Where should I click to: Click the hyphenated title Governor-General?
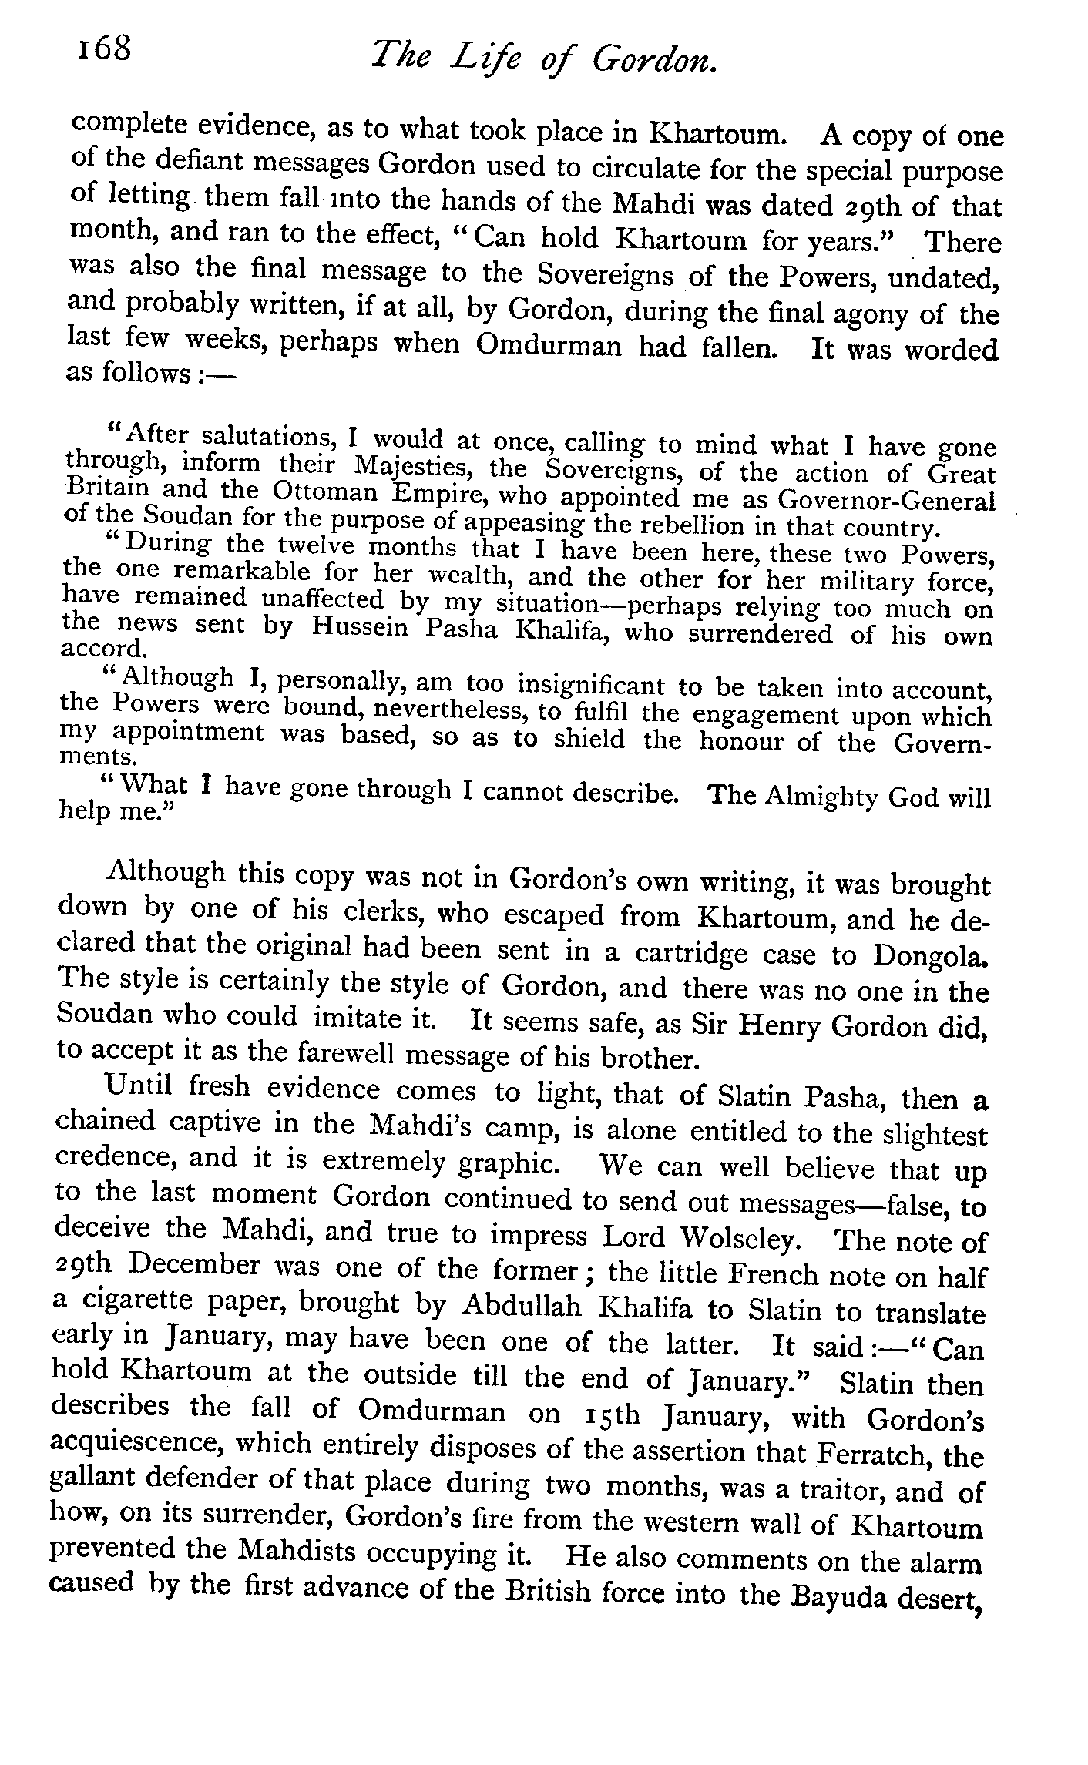coord(885,502)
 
